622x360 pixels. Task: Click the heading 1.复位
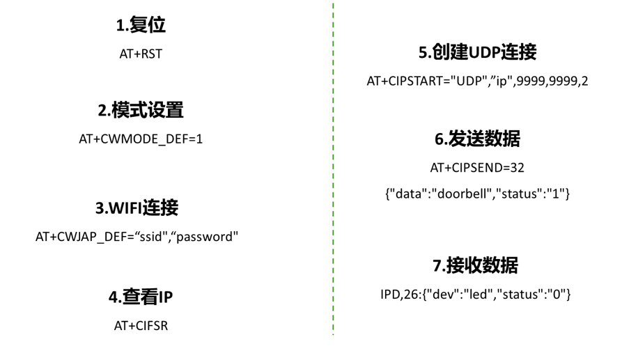(141, 26)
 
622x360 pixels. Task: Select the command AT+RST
(141, 54)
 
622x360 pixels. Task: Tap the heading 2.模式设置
(141, 110)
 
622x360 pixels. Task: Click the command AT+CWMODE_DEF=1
(141, 139)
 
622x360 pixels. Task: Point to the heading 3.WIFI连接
(137, 208)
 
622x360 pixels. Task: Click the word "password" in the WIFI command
(207, 237)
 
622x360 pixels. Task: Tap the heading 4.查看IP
(141, 297)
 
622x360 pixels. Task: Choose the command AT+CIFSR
(141, 325)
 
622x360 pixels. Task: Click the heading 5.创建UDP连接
(477, 52)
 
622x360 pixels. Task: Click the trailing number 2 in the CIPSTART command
(584, 81)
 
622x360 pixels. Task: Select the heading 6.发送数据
(477, 139)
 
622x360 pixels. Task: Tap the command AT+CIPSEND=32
(477, 168)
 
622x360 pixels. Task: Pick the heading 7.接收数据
(475, 265)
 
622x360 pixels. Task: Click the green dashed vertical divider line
(333, 174)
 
